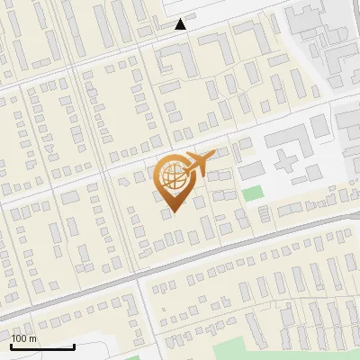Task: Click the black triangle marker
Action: point(181,25)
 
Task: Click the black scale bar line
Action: point(42,346)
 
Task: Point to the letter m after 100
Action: point(33,338)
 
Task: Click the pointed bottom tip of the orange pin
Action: point(171,212)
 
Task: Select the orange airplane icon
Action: point(197,165)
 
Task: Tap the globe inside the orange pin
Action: point(171,177)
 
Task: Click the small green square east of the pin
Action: point(253,193)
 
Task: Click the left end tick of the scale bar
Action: point(11,345)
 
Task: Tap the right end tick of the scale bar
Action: point(74,345)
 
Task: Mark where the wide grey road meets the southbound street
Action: point(139,274)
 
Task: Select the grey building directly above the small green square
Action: point(252,169)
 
